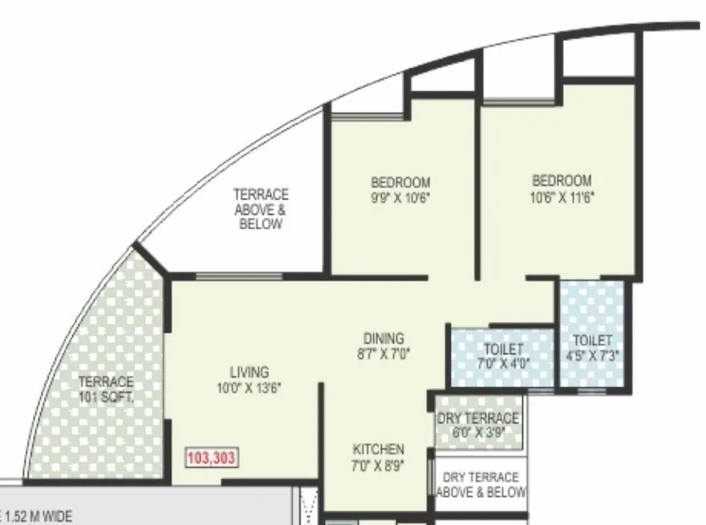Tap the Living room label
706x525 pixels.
point(249,373)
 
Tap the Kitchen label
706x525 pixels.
point(379,450)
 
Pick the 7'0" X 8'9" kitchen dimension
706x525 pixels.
point(379,464)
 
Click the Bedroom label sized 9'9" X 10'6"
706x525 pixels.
point(400,182)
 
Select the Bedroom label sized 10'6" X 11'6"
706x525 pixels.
point(562,180)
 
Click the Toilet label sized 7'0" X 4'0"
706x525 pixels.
point(503,349)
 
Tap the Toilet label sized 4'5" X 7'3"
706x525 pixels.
point(593,341)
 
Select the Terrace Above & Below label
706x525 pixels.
point(261,209)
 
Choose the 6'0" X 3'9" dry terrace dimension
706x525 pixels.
point(479,432)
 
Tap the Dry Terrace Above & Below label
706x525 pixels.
point(481,484)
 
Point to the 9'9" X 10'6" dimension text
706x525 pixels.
point(400,196)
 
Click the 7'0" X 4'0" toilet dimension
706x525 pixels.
point(503,363)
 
